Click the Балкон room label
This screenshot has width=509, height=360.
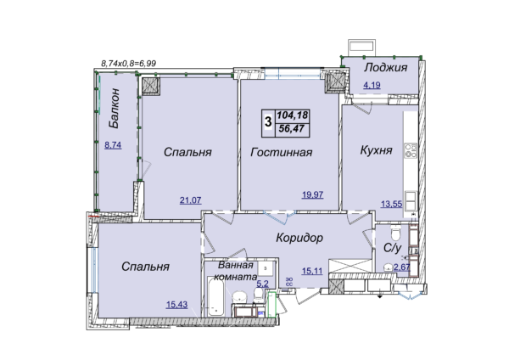(115, 109)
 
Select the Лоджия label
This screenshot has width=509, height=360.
(385, 68)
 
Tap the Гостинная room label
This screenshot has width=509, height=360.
(281, 152)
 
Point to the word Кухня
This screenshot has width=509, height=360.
(376, 150)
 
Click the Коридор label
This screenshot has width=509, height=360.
(299, 238)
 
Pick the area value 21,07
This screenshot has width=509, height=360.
(191, 200)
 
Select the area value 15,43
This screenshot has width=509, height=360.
(177, 305)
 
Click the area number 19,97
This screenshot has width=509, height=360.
(312, 194)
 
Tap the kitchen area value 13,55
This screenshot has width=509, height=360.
(391, 204)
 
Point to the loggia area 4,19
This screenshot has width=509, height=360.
(372, 85)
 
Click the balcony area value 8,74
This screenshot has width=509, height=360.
(113, 145)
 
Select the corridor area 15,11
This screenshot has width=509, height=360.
(312, 271)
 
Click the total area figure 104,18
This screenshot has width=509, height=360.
(293, 115)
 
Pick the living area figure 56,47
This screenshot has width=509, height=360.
(292, 129)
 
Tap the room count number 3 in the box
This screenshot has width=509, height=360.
(268, 122)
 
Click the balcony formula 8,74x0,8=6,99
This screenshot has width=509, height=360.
(129, 63)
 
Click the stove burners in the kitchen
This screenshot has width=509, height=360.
(411, 151)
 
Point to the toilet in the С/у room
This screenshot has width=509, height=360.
(395, 232)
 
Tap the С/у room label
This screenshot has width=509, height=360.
(393, 248)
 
